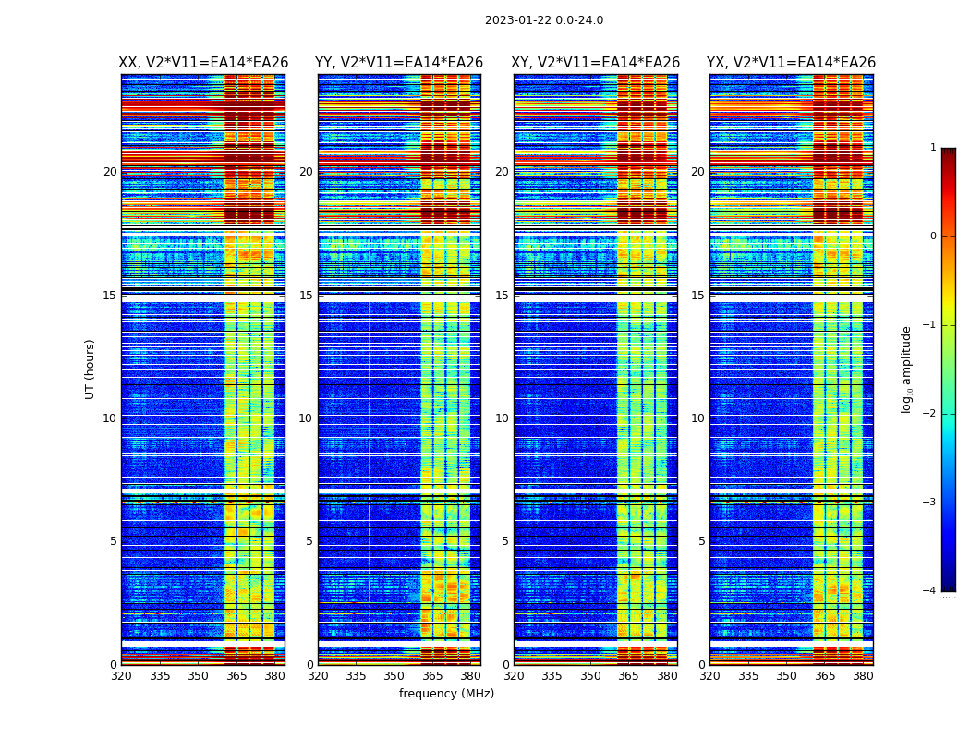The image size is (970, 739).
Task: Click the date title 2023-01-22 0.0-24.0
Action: pyautogui.click(x=544, y=20)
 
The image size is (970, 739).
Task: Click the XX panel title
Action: pyautogui.click(x=203, y=63)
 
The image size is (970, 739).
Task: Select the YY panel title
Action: pyautogui.click(x=399, y=63)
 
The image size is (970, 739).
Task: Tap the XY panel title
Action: pyautogui.click(x=595, y=63)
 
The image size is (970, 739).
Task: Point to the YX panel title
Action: pyautogui.click(x=791, y=63)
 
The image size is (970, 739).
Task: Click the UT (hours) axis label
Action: pyautogui.click(x=91, y=369)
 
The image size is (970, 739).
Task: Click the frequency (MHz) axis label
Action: pyautogui.click(x=446, y=694)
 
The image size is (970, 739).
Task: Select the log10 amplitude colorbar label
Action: pyautogui.click(x=907, y=369)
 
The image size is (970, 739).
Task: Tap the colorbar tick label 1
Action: pyautogui.click(x=932, y=148)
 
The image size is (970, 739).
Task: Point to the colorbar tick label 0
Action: pyautogui.click(x=932, y=236)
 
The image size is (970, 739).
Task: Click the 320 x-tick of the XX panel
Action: pyautogui.click(x=121, y=676)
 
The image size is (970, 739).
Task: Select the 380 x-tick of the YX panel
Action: pyautogui.click(x=863, y=676)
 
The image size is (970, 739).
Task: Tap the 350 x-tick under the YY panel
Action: pyautogui.click(x=394, y=676)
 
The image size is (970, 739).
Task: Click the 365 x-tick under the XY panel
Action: pyautogui.click(x=628, y=676)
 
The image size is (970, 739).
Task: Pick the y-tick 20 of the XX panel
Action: pyautogui.click(x=110, y=172)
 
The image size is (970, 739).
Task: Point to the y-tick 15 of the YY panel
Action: pyautogui.click(x=306, y=296)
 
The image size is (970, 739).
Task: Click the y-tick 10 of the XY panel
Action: pyautogui.click(x=502, y=418)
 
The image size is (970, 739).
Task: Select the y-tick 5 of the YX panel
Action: pyautogui.click(x=701, y=541)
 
